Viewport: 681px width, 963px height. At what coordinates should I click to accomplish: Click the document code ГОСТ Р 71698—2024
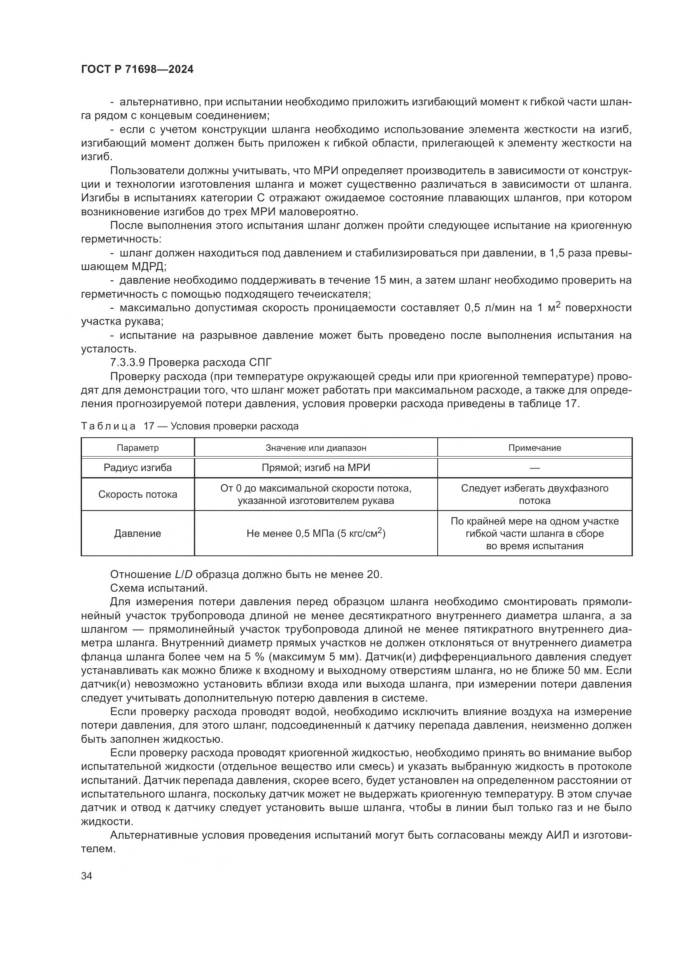click(137, 70)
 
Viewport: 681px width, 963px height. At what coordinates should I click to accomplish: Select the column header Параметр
click(138, 448)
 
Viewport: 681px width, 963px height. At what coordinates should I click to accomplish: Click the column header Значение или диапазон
click(316, 448)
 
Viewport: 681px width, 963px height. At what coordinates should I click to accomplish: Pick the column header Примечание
click(534, 448)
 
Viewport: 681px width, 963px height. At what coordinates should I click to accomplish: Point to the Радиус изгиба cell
click(138, 468)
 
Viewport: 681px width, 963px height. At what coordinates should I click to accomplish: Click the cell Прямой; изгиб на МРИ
click(316, 468)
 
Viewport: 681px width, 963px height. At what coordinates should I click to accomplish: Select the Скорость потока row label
click(138, 494)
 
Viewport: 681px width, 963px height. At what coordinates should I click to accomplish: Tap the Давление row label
click(138, 534)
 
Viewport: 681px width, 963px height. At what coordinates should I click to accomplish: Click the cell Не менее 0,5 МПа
click(316, 534)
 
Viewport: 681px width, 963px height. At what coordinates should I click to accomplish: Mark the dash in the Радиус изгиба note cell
click(534, 468)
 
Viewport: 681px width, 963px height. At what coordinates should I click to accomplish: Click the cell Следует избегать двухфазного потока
click(534, 494)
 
